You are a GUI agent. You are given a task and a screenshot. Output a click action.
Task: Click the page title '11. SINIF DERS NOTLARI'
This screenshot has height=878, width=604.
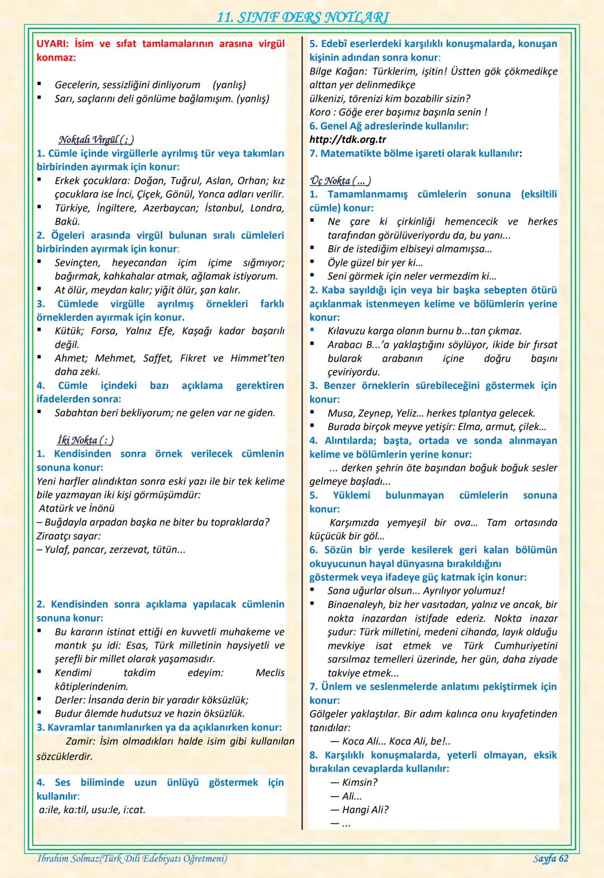302,17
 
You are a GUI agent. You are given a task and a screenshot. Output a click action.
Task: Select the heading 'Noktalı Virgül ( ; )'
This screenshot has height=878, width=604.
96,139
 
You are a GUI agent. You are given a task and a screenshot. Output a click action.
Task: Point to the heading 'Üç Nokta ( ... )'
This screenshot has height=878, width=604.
340,180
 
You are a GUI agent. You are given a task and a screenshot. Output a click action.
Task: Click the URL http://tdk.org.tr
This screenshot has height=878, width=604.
347,140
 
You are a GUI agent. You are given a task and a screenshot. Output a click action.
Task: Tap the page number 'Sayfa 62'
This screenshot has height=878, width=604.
550,858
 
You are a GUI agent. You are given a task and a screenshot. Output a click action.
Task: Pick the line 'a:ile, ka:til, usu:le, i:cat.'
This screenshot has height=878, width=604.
92,809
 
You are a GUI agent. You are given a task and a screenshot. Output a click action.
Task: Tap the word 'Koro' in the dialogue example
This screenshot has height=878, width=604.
319,112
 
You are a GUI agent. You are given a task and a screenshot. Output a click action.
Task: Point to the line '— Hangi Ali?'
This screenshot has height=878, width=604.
359,809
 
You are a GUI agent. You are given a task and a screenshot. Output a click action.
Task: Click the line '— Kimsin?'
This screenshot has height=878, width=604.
353,782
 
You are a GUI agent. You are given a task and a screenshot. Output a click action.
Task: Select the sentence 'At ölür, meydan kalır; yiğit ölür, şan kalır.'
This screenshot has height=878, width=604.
148,290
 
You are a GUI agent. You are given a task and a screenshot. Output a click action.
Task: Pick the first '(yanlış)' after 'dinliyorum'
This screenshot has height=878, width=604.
229,85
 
